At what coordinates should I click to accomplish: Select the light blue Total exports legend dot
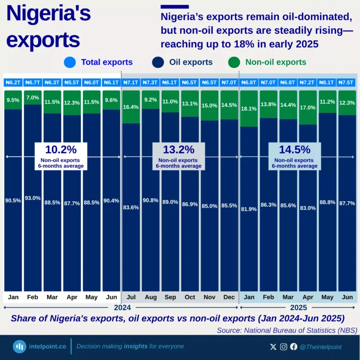pyautogui.click(x=70, y=62)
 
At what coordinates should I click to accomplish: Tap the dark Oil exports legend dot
pyautogui.click(x=158, y=62)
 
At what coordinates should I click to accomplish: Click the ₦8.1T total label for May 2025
pyautogui.click(x=326, y=82)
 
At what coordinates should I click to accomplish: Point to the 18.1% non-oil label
pyautogui.click(x=248, y=109)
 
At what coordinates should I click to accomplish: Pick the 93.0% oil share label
pyautogui.click(x=33, y=198)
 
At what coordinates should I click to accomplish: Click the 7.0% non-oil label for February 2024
pyautogui.click(x=33, y=97)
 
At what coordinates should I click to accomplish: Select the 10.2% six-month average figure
pyautogui.click(x=61, y=150)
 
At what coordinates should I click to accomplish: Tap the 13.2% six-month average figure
pyautogui.click(x=179, y=150)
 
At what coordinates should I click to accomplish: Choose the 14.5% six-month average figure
pyautogui.click(x=295, y=150)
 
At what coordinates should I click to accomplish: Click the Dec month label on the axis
pyautogui.click(x=229, y=297)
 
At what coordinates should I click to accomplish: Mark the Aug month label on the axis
pyautogui.click(x=151, y=297)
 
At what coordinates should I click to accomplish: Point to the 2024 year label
pyautogui.click(x=121, y=308)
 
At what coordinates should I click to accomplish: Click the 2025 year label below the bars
pyautogui.click(x=298, y=308)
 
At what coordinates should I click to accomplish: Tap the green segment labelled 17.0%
pyautogui.click(x=307, y=107)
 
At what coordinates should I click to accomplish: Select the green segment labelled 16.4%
pyautogui.click(x=131, y=107)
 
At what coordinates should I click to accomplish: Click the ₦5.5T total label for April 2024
pyautogui.click(x=72, y=82)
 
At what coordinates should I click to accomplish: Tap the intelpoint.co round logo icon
pyautogui.click(x=20, y=347)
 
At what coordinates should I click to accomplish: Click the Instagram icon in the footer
pyautogui.click(x=284, y=347)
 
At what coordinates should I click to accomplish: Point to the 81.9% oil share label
pyautogui.click(x=248, y=209)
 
